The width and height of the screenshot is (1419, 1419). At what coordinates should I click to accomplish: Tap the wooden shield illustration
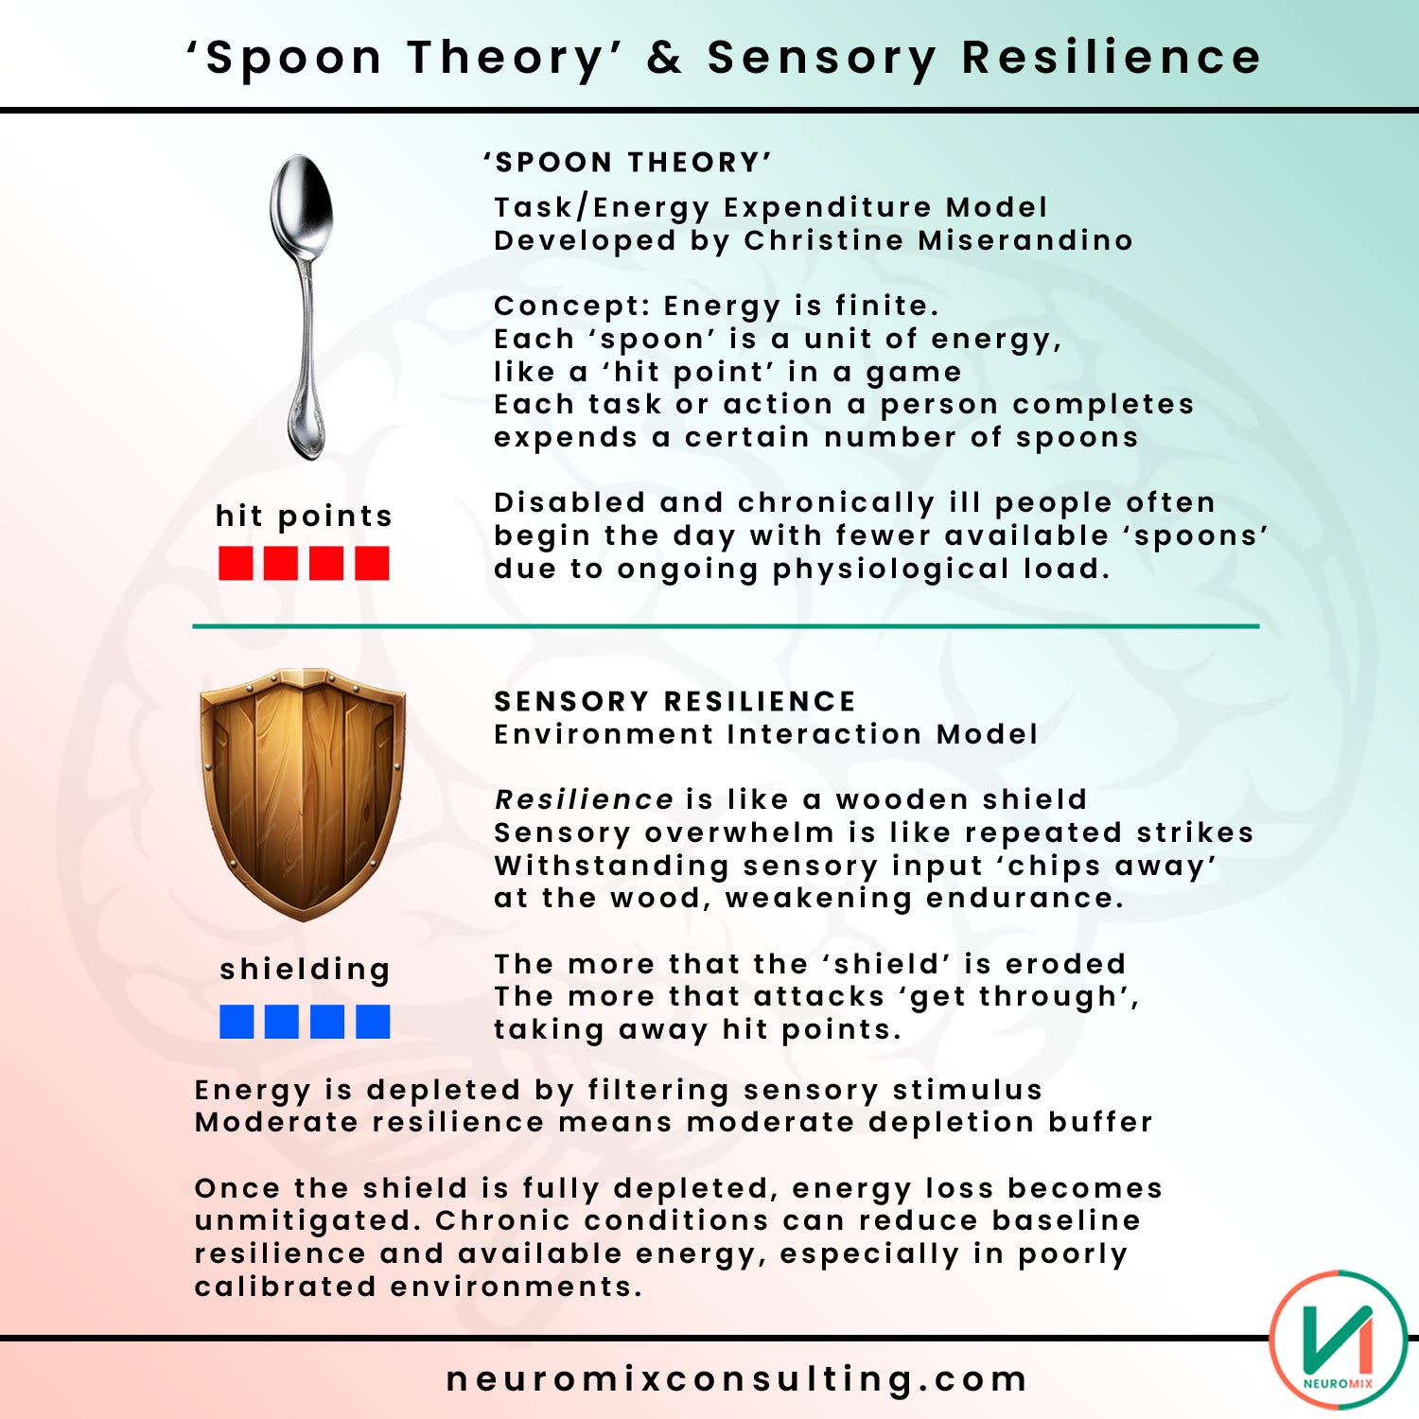303,793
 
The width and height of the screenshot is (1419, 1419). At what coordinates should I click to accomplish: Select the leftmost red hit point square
236,564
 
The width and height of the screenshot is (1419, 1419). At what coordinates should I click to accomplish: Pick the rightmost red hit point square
372,564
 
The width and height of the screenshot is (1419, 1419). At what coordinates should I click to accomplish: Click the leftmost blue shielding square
236,1022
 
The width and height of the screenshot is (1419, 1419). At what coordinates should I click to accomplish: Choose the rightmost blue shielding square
373,1022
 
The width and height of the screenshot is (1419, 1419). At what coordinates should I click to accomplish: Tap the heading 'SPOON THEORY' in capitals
628,163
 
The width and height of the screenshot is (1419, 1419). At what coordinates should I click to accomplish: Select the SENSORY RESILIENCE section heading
674,701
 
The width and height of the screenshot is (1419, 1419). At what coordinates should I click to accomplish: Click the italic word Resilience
584,799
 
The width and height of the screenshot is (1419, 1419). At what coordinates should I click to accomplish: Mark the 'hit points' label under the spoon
304,516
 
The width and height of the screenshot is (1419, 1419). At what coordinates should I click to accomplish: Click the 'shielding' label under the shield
305,970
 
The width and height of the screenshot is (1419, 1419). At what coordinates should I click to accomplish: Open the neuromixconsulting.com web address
737,1378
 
